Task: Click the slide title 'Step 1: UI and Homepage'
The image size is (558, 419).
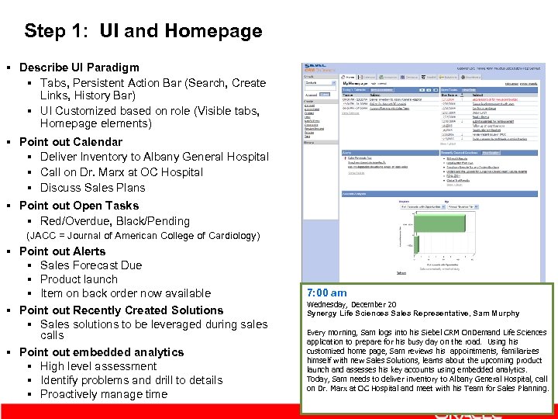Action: click(143, 31)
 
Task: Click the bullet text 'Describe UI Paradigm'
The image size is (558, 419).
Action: click(79, 68)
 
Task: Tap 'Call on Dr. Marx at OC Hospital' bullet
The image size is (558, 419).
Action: click(122, 172)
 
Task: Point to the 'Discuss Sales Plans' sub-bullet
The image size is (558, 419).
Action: click(92, 188)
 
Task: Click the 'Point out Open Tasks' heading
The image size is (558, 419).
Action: click(79, 206)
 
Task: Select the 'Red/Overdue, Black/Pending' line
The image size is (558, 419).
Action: click(115, 221)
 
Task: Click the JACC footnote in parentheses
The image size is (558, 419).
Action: click(143, 236)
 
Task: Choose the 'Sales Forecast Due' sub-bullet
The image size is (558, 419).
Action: click(91, 265)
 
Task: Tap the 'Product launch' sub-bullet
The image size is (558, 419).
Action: click(79, 279)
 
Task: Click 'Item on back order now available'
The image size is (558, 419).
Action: click(126, 293)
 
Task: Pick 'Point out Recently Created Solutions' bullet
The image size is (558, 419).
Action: click(121, 310)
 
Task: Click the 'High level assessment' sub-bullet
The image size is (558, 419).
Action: click(98, 366)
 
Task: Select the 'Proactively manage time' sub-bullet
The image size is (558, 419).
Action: click(104, 394)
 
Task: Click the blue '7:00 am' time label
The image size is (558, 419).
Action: click(327, 293)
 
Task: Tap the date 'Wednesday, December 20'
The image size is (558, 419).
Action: click(352, 304)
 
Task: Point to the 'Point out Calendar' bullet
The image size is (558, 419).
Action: click(71, 142)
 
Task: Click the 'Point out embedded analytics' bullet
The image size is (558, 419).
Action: click(102, 352)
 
